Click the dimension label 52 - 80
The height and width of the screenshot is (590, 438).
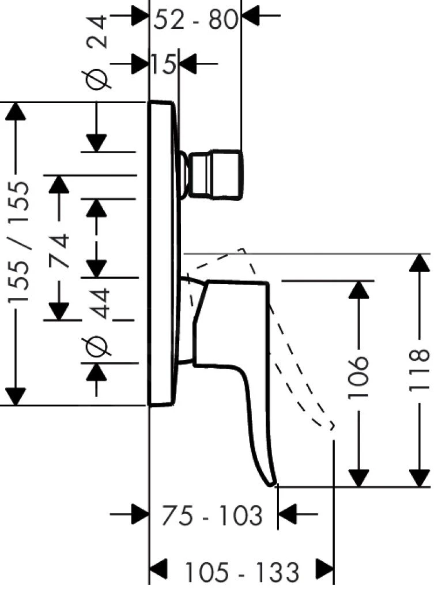196,20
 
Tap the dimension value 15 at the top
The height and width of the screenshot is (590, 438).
164,64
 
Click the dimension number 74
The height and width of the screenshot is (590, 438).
58,251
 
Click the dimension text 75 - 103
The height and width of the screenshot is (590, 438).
211,516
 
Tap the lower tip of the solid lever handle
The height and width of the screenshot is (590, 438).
272,483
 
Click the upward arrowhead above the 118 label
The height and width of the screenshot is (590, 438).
420,263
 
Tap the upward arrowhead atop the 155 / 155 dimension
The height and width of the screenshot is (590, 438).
16,111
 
